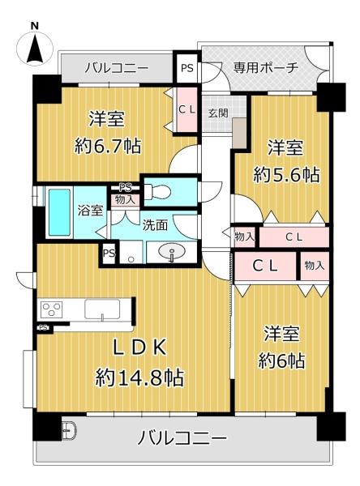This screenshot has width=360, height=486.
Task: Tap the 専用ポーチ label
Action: pyautogui.click(x=266, y=67)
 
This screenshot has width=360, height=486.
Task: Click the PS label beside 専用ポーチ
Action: pyautogui.click(x=187, y=68)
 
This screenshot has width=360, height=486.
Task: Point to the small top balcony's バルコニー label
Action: pyautogui.click(x=116, y=67)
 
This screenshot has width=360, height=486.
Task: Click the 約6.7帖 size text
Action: pyautogui.click(x=105, y=147)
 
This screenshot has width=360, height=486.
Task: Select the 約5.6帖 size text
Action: pyautogui.click(x=286, y=174)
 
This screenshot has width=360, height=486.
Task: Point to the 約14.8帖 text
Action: pyautogui.click(x=139, y=377)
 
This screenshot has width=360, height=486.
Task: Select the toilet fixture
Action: pyautogui.click(x=157, y=192)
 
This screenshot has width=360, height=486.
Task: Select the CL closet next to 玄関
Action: pyautogui.click(x=186, y=109)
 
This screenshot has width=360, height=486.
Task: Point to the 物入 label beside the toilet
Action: pyautogui.click(x=124, y=199)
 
